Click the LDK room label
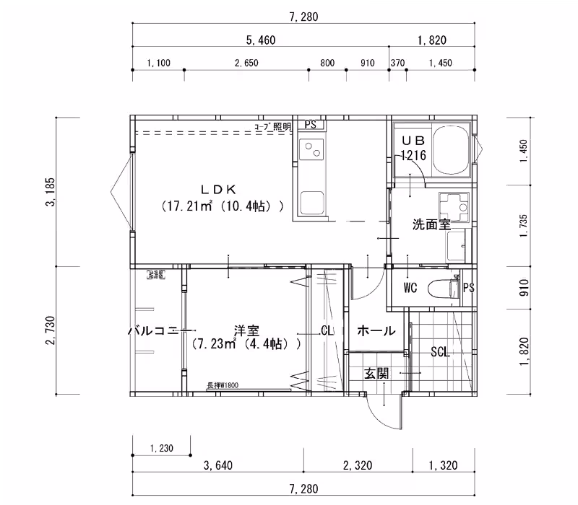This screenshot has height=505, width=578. click(218, 190)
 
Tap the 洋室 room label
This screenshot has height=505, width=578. click(246, 330)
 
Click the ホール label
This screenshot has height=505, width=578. click(376, 331)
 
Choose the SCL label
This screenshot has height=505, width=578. click(440, 352)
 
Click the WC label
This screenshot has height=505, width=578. click(410, 289)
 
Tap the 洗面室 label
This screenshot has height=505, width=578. click(431, 224)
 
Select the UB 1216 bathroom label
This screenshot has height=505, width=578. click(413, 148)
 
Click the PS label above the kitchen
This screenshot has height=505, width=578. click(311, 125)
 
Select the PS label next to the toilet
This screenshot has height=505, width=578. click(468, 289)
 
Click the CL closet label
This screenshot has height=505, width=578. click(327, 331)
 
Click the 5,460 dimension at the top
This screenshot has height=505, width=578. click(261, 40)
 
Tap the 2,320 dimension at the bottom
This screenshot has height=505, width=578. click(358, 465)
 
